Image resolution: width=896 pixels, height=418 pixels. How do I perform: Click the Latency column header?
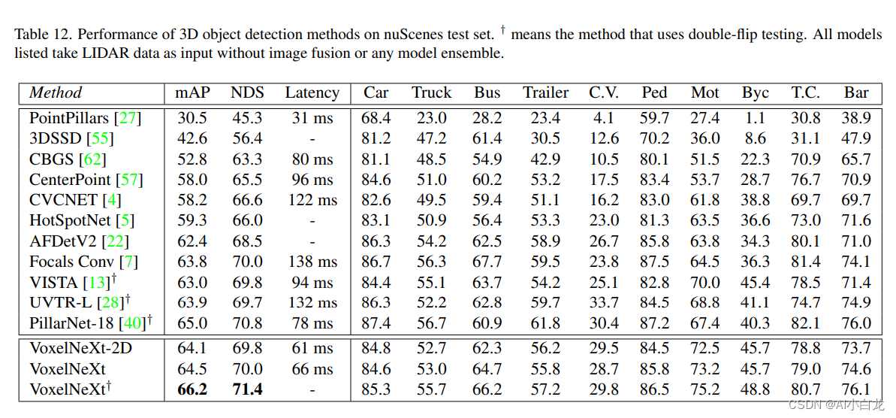(312, 93)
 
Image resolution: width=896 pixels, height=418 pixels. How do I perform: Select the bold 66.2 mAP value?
(192, 389)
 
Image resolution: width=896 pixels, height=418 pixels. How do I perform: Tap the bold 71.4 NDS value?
(247, 389)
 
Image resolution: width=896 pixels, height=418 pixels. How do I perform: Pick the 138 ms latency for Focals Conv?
(312, 262)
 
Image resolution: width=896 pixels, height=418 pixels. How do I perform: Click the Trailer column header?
(545, 93)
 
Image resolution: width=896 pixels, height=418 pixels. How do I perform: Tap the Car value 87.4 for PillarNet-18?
(376, 323)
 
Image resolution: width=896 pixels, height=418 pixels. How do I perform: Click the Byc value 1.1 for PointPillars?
(755, 118)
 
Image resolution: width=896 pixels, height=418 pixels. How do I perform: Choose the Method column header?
(56, 93)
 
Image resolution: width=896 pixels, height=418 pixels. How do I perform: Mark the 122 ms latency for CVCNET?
(312, 200)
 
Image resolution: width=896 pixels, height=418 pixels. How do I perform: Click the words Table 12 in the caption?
(42, 34)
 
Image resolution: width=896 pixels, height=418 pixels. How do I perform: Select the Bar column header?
(856, 93)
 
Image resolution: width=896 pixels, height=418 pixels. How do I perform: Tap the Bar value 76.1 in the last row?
(856, 389)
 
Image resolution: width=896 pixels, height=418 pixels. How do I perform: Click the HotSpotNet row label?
(71, 221)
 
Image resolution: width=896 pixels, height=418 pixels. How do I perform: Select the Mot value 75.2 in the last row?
(705, 389)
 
